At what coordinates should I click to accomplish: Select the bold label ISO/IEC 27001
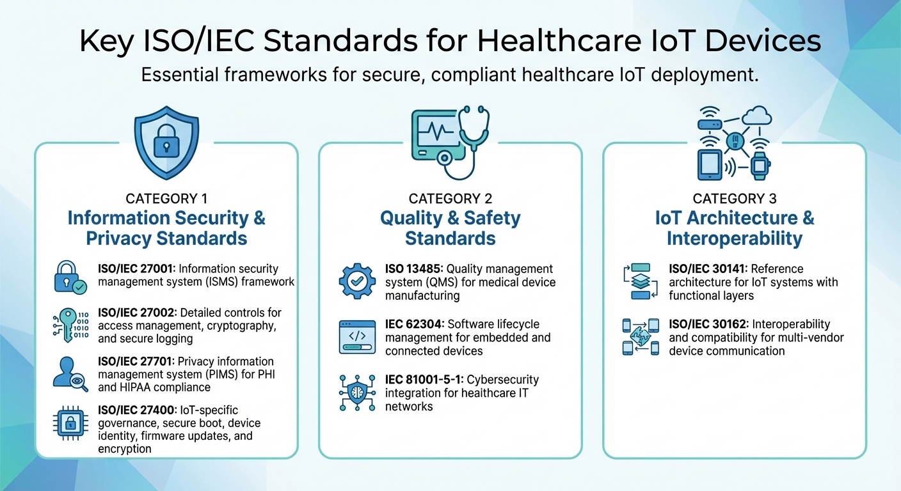[136, 269]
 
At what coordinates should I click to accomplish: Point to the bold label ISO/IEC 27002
[136, 313]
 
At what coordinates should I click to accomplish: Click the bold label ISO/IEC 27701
[136, 362]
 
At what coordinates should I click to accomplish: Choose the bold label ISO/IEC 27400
[136, 410]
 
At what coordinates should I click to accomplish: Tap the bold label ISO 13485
[413, 269]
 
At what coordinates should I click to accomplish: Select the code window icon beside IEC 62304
[356, 336]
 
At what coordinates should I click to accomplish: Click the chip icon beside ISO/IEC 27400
[70, 423]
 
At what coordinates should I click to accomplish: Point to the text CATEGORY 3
[734, 199]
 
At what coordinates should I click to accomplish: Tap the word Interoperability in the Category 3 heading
[734, 238]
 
